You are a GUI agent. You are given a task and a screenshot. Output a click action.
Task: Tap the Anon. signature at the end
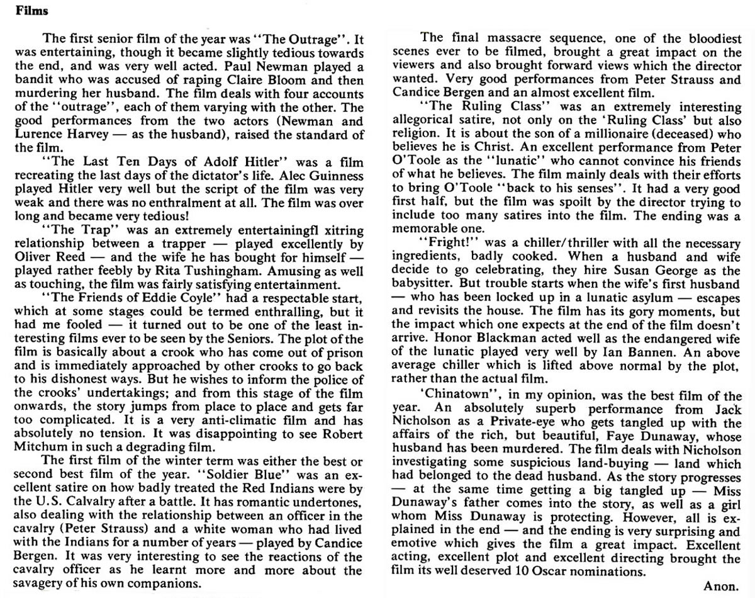coord(720,586)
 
